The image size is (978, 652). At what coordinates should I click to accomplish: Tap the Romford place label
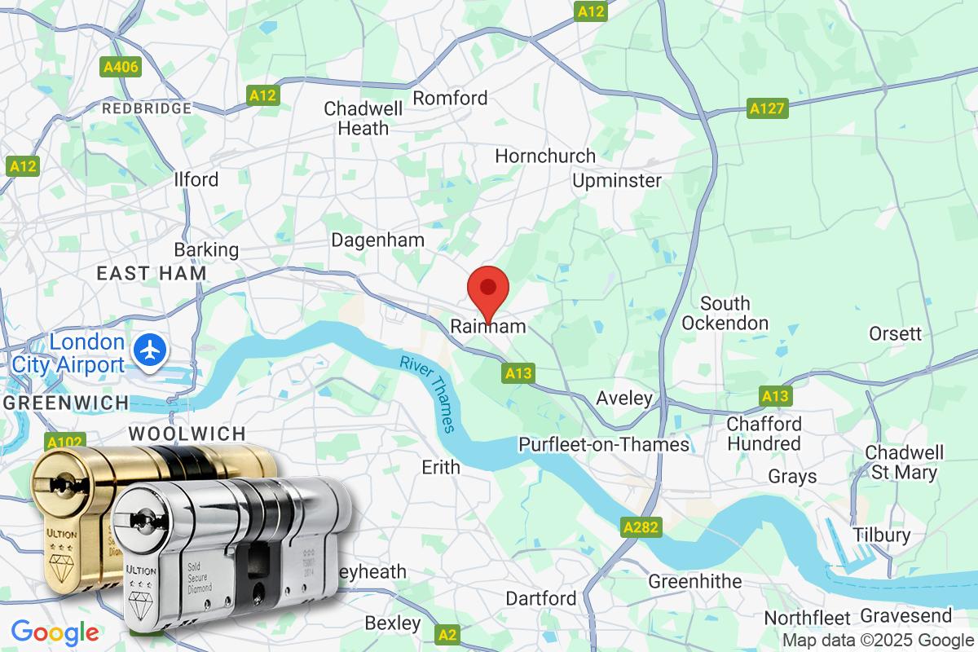pyautogui.click(x=450, y=98)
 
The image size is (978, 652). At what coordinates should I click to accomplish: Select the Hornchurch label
pyautogui.click(x=545, y=155)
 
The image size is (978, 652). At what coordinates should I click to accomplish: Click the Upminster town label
pyautogui.click(x=616, y=180)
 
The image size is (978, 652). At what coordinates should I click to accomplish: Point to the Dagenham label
pyautogui.click(x=377, y=240)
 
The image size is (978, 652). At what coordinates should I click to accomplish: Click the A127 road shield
pyautogui.click(x=768, y=108)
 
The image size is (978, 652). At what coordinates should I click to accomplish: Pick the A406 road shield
pyautogui.click(x=120, y=68)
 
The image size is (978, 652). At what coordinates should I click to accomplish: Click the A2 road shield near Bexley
pyautogui.click(x=447, y=633)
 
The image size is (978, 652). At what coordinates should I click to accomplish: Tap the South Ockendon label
pyautogui.click(x=725, y=313)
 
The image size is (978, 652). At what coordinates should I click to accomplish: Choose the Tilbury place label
pyautogui.click(x=881, y=535)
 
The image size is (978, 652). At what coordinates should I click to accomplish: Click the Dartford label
pyautogui.click(x=540, y=599)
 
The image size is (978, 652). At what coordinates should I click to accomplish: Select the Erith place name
pyautogui.click(x=440, y=468)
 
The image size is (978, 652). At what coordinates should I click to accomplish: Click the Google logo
pyautogui.click(x=55, y=632)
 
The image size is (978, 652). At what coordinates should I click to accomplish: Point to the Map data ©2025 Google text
pyautogui.click(x=878, y=640)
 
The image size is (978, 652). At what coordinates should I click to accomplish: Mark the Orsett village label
pyautogui.click(x=895, y=333)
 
